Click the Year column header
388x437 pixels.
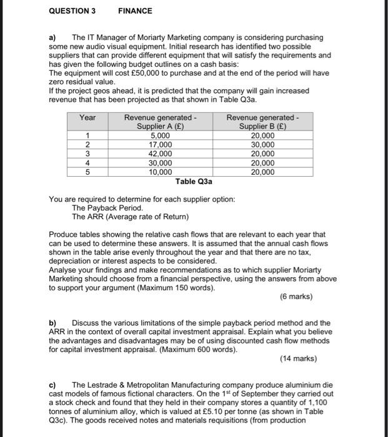88,118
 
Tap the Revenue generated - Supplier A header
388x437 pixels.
160,122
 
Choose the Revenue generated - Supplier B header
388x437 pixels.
262,122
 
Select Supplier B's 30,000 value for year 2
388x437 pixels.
262,145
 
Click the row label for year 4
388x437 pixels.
88,163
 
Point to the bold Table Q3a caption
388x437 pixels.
194,182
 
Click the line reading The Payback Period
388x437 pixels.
107,208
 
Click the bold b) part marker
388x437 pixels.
53,323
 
